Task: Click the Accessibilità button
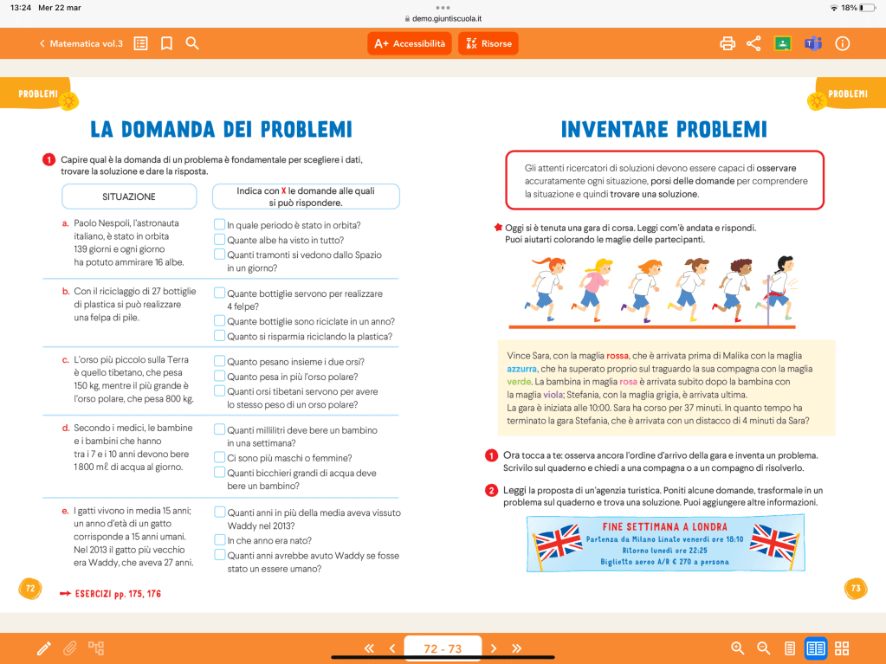(x=410, y=43)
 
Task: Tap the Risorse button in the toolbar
(x=488, y=43)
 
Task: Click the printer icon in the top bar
(x=728, y=43)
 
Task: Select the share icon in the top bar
(x=753, y=43)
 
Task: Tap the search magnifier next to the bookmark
(x=192, y=43)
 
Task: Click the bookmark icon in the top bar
(x=166, y=43)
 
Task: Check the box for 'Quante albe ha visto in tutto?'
(x=220, y=240)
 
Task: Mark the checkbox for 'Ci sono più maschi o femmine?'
(x=220, y=457)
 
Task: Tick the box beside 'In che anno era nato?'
(x=220, y=540)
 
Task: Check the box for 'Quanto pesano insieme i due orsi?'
(x=220, y=361)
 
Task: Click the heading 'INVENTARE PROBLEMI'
(x=663, y=130)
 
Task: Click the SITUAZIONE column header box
(x=129, y=197)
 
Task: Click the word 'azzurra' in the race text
(x=523, y=369)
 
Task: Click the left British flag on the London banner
(x=557, y=543)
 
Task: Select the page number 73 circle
(x=855, y=589)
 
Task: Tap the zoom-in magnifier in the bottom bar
(x=738, y=648)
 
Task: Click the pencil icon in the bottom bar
(x=44, y=648)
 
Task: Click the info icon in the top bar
(x=842, y=43)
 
